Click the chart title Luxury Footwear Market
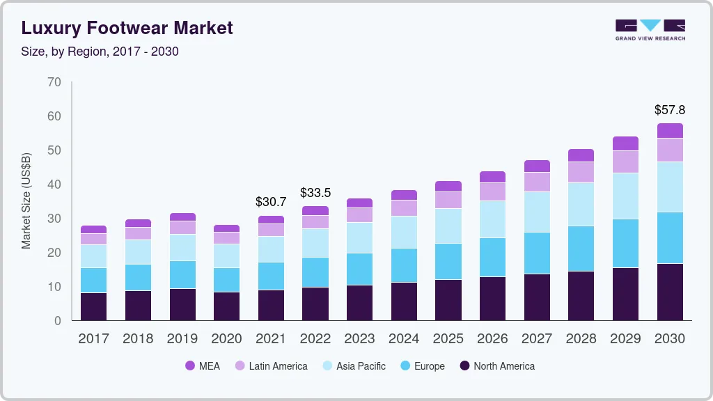click(127, 28)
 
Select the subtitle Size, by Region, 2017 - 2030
click(100, 52)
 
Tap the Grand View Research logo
click(650, 29)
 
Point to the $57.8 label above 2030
click(669, 110)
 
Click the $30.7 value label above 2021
click(271, 202)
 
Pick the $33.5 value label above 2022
click(315, 192)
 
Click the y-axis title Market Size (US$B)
click(26, 200)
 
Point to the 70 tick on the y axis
click(54, 82)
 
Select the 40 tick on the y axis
click(54, 184)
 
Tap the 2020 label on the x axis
click(226, 339)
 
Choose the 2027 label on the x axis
click(536, 339)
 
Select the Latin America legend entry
click(270, 366)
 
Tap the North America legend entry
click(496, 366)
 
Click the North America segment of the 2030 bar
click(669, 292)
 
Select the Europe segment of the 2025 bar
click(448, 261)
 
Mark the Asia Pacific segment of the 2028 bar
click(581, 204)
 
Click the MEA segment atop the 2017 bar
click(93, 229)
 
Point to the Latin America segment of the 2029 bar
click(625, 162)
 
